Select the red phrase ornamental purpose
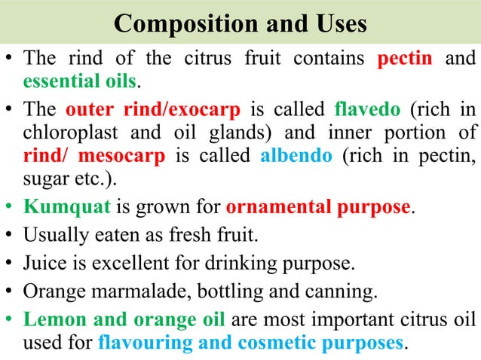click(x=320, y=206)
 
